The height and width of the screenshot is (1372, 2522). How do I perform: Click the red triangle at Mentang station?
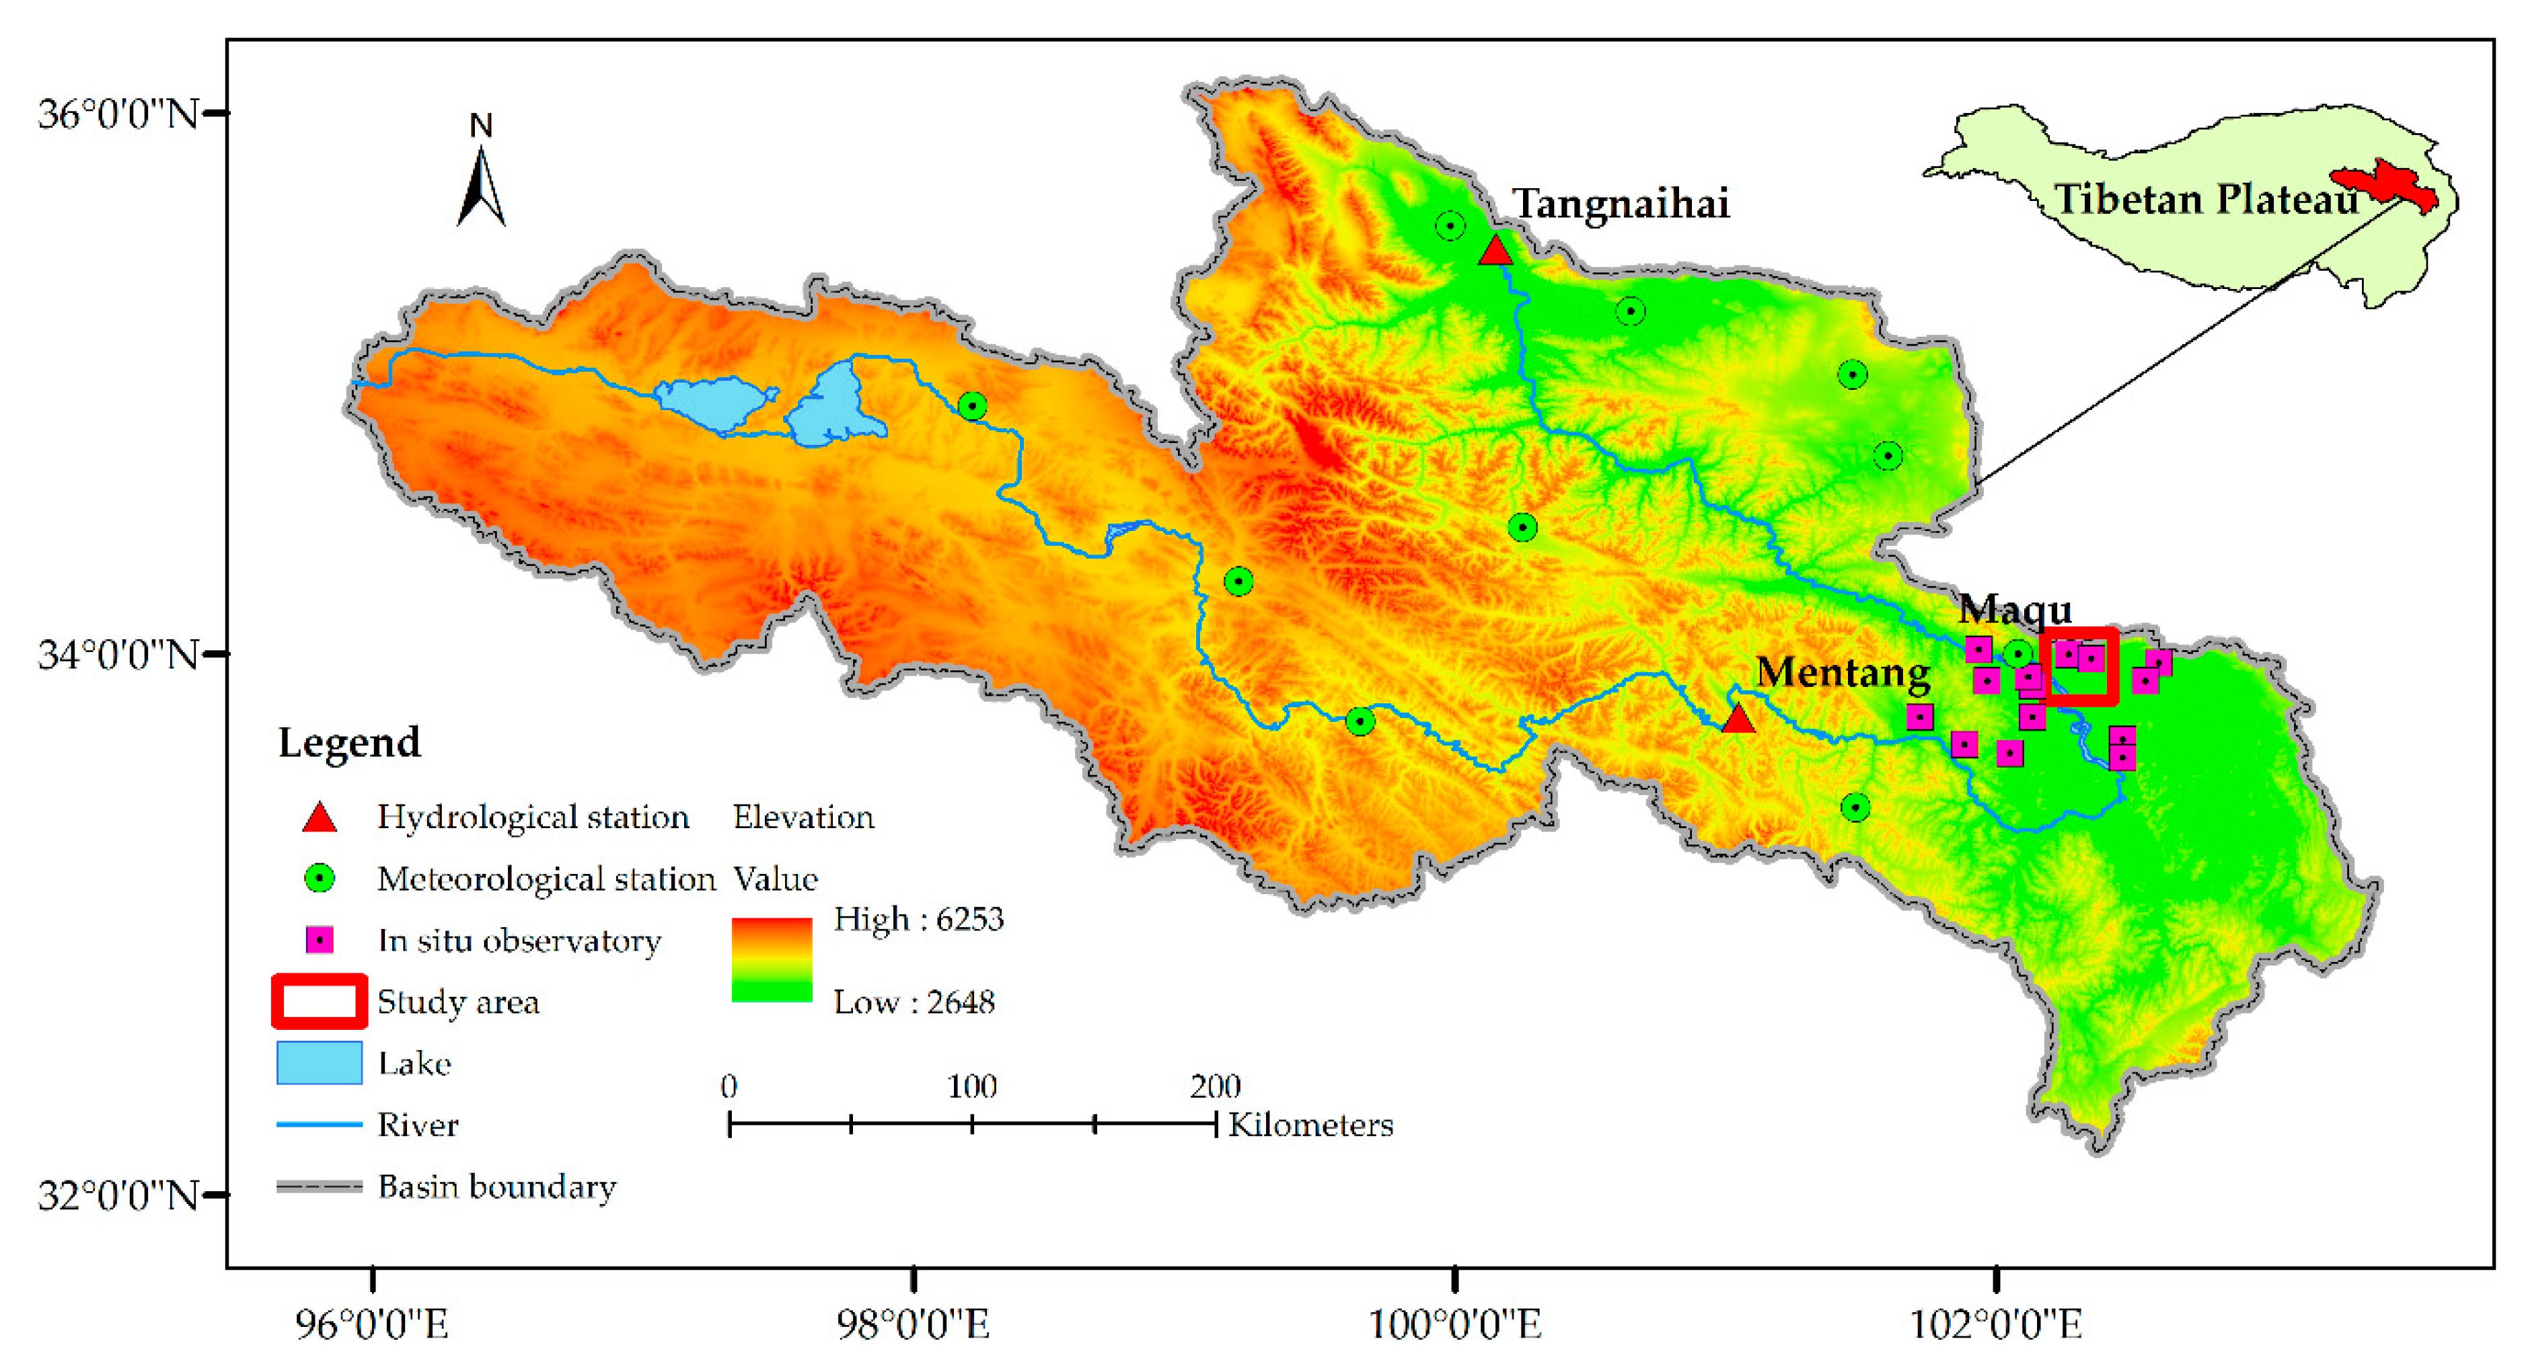[x=1737, y=720]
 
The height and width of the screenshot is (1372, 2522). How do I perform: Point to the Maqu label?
[x=2014, y=610]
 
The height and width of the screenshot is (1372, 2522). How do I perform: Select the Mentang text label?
[x=1842, y=672]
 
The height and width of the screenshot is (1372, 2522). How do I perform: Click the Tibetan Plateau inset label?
[x=2204, y=200]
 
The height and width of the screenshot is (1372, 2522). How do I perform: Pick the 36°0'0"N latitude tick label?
[x=118, y=114]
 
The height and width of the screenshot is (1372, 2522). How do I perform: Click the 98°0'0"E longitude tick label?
[x=912, y=1324]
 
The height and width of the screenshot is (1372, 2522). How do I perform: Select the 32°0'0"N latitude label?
[x=118, y=1195]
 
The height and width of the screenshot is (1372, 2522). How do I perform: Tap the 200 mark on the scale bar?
[x=1215, y=1086]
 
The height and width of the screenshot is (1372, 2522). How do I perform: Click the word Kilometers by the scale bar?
[x=1310, y=1125]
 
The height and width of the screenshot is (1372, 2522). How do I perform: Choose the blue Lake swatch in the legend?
[x=319, y=1063]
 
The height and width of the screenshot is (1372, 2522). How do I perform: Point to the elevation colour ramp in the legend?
[x=772, y=959]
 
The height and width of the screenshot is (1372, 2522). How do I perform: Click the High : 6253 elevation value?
[x=918, y=919]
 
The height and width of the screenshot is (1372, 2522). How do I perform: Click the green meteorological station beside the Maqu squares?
[x=2017, y=653]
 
